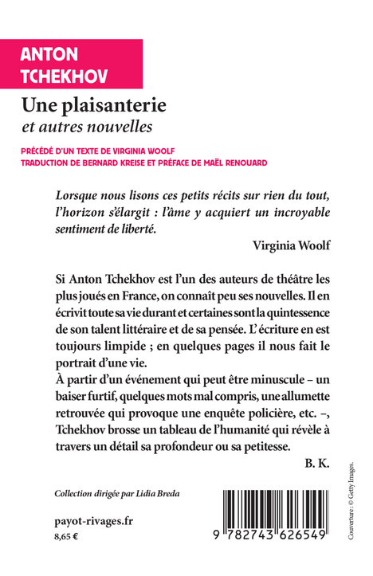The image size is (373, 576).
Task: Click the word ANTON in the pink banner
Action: click(50, 55)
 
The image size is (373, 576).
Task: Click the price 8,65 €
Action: click(67, 539)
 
